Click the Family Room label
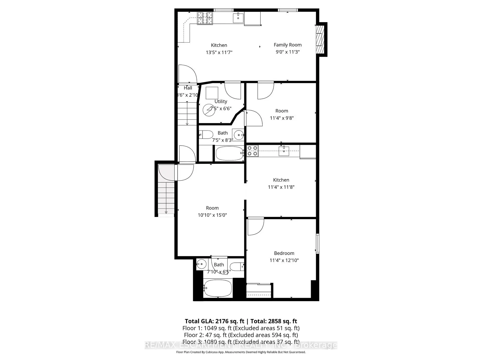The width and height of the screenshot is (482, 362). (287, 45)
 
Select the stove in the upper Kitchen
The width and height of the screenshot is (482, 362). (205, 18)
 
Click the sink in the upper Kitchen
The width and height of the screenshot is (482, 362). (238, 18)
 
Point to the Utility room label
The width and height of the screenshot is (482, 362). (221, 102)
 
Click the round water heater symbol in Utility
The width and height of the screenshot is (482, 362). (209, 110)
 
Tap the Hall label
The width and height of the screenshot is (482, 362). (188, 88)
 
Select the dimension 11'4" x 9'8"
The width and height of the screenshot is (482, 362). (282, 118)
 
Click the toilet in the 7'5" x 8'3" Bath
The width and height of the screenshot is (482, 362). (206, 134)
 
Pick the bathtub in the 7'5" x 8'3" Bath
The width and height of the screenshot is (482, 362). (229, 153)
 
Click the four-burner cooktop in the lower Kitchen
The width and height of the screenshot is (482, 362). (252, 151)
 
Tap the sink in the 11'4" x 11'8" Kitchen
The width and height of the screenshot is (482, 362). (284, 151)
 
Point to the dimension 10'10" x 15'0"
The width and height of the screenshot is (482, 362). (212, 215)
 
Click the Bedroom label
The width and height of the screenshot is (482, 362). (284, 253)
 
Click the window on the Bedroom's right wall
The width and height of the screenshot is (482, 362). (318, 243)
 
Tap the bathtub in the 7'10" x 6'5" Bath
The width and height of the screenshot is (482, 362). (217, 288)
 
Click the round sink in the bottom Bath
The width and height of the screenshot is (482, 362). (201, 264)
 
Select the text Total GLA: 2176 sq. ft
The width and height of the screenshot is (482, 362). (214, 321)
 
